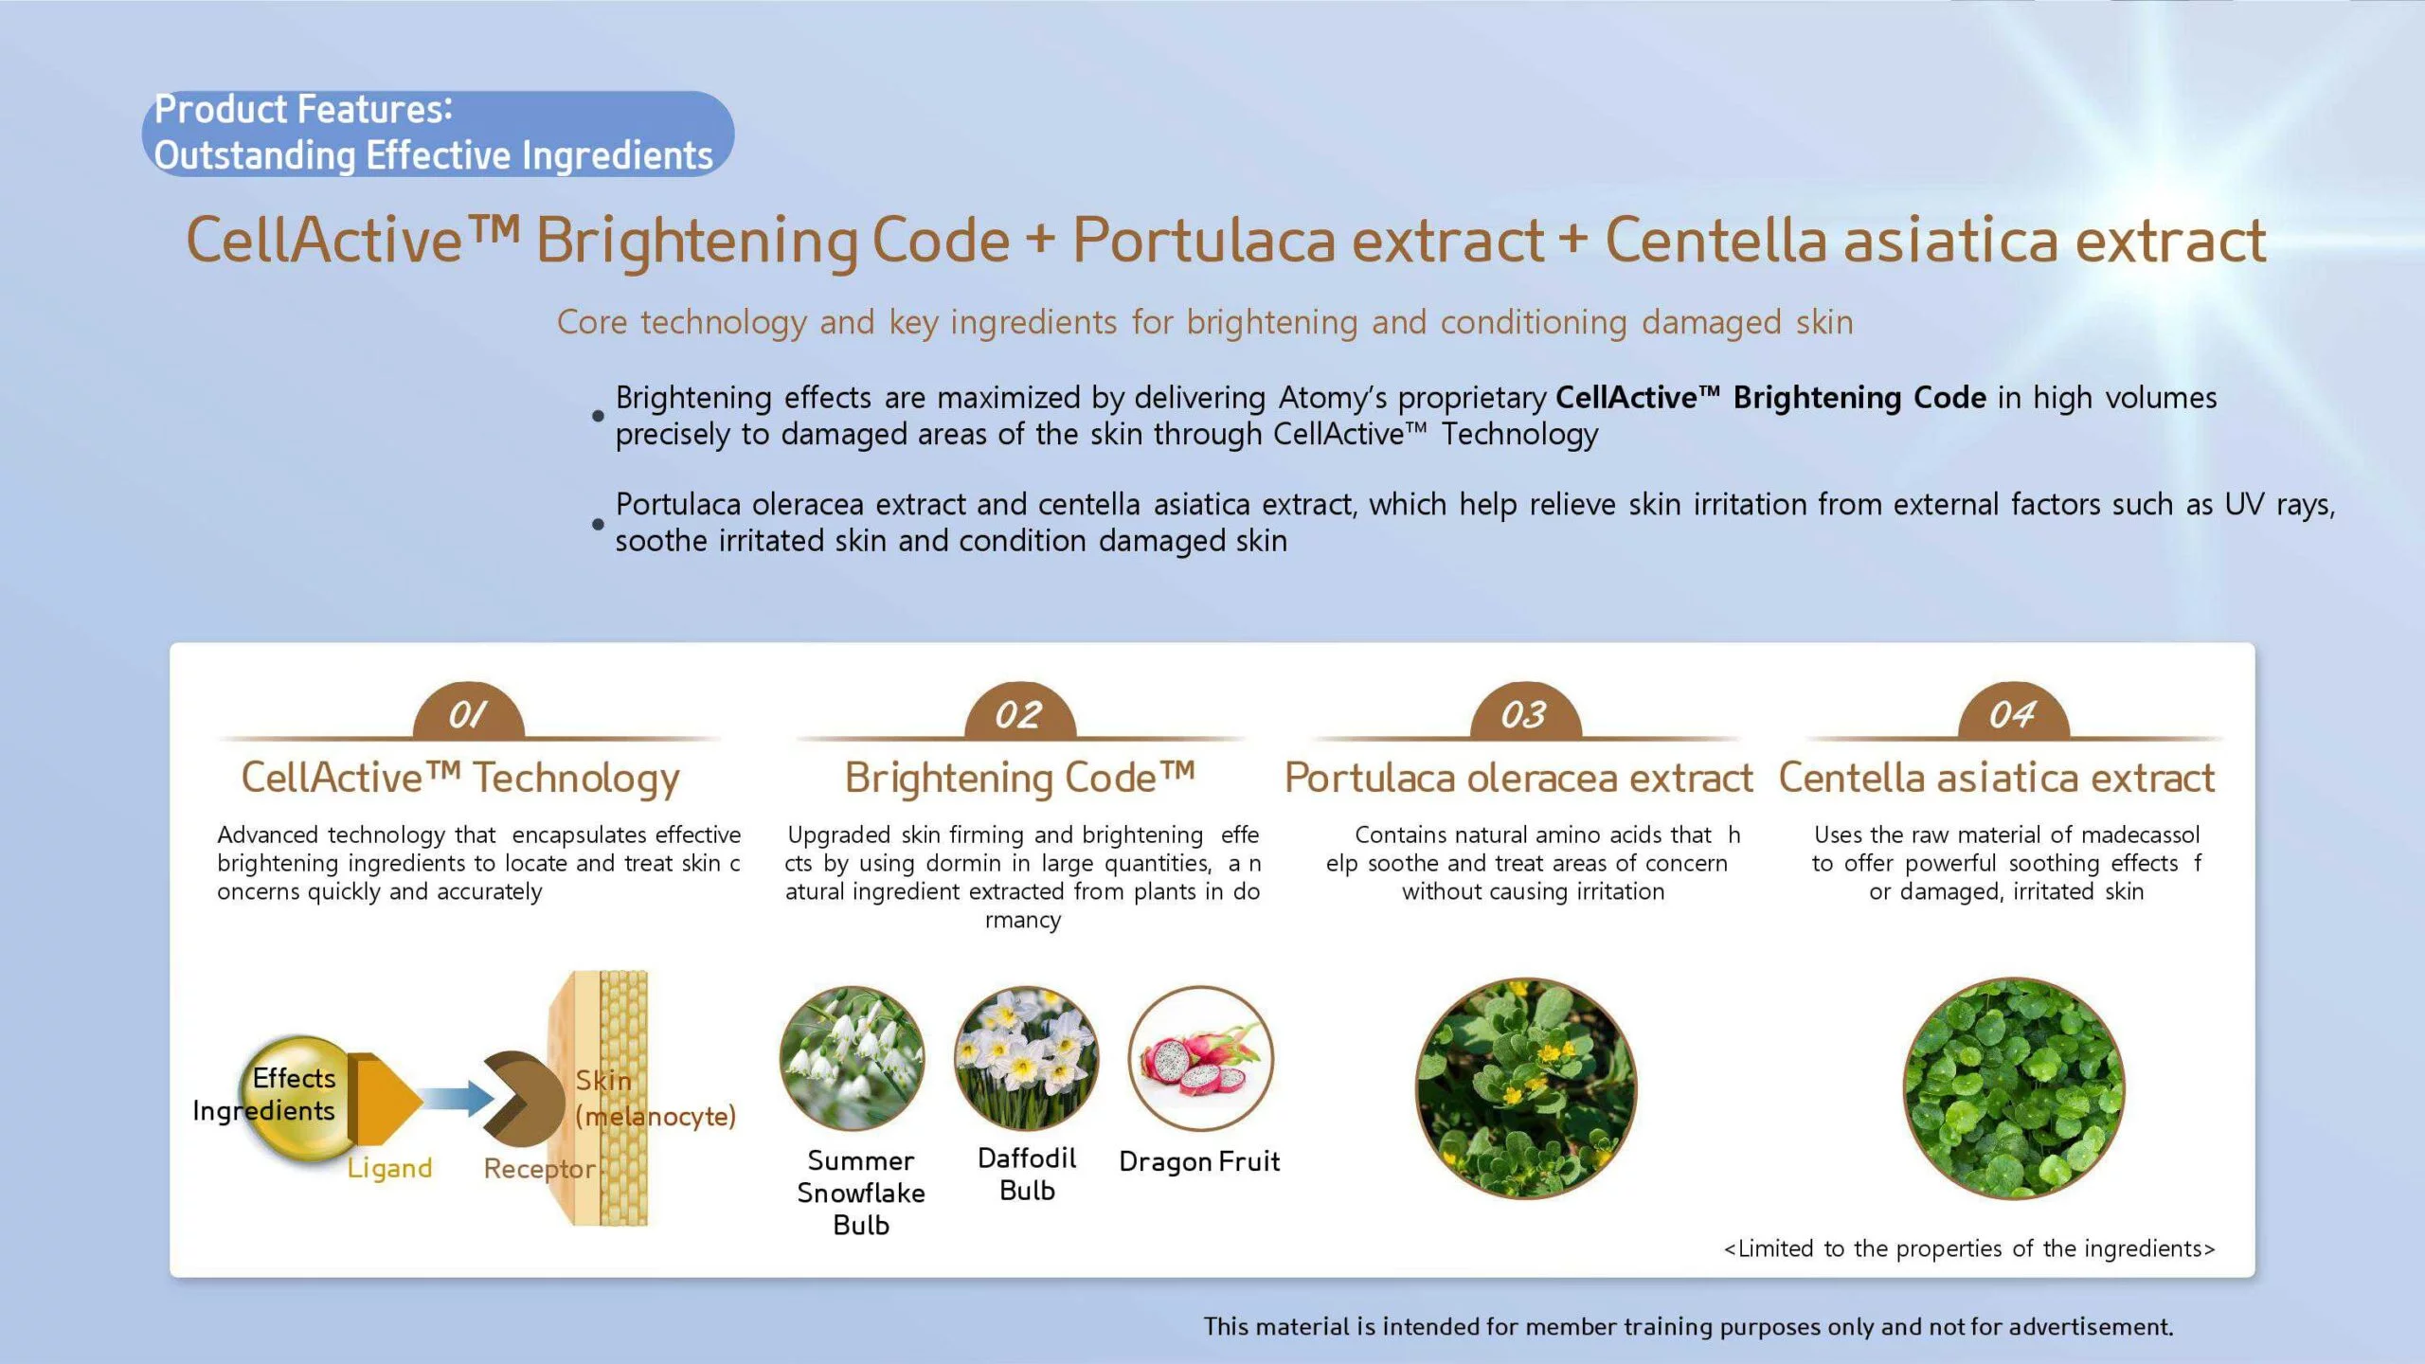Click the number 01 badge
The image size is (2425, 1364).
point(468,711)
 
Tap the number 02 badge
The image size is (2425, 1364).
point(1019,711)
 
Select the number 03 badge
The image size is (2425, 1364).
point(1525,711)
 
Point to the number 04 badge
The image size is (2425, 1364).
point(2013,711)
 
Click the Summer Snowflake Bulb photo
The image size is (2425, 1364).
point(852,1058)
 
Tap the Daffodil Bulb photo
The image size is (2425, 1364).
point(1027,1058)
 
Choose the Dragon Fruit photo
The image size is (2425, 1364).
point(1201,1058)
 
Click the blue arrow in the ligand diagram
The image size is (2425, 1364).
point(458,1099)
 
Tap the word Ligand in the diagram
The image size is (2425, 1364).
point(389,1169)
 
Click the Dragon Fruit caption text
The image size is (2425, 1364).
point(1199,1161)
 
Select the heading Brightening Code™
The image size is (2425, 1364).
point(1020,778)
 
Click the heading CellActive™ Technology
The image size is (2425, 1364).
point(460,778)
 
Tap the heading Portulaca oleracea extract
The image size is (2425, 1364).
point(1519,778)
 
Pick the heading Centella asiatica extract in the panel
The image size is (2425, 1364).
point(1997,778)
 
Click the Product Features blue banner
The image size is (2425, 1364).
point(438,134)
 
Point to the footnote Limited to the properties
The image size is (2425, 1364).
point(1969,1248)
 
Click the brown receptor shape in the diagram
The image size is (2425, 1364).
point(523,1099)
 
